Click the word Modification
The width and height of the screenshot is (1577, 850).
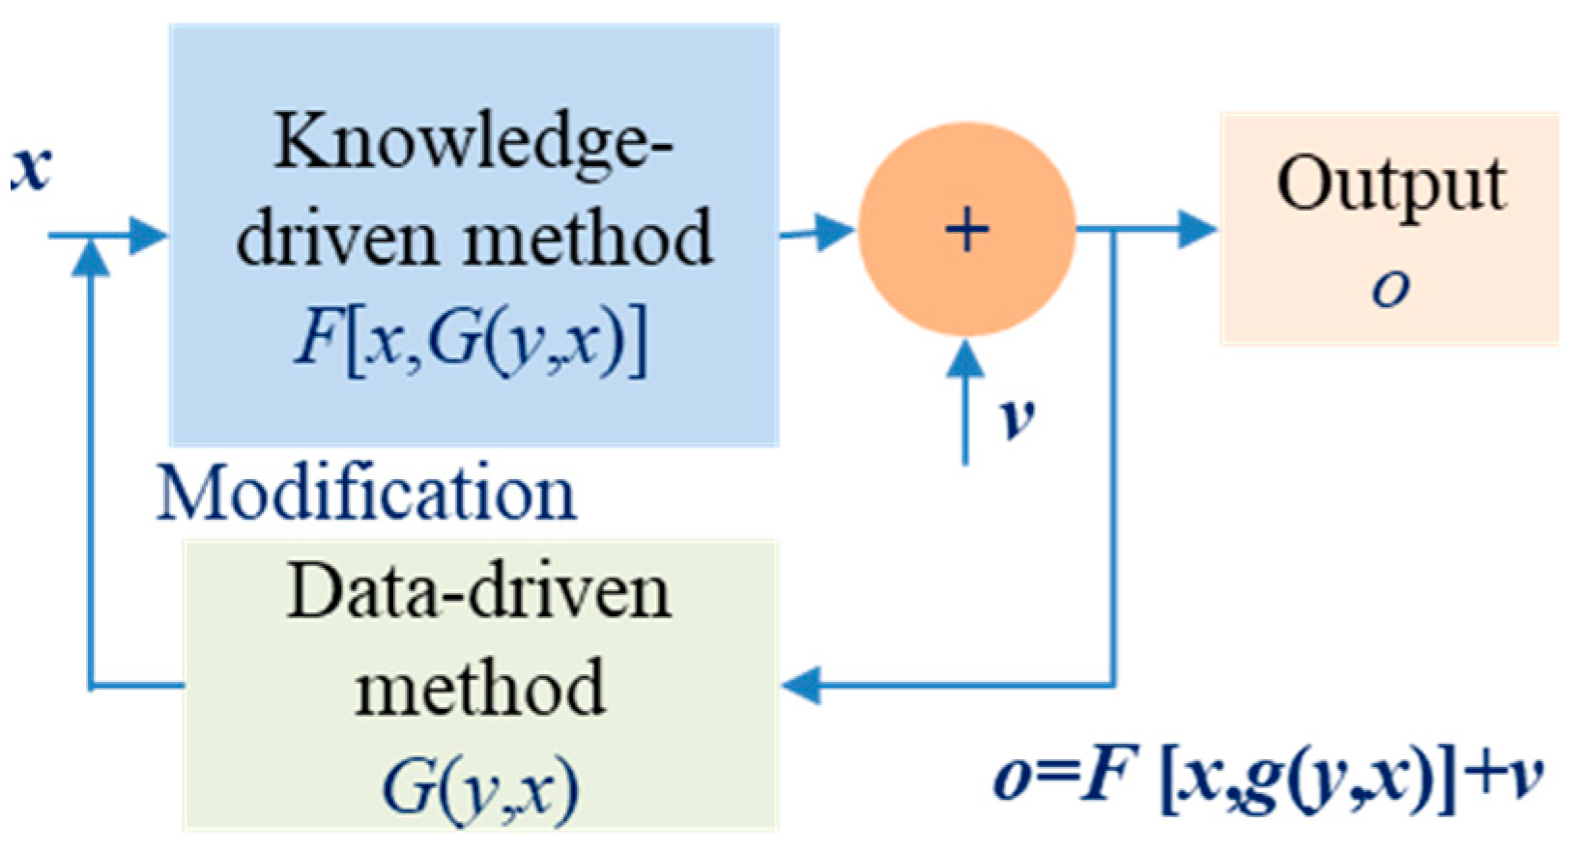tap(366, 494)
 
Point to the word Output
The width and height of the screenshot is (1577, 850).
tap(1391, 183)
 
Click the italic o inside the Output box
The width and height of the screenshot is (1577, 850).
tap(1391, 287)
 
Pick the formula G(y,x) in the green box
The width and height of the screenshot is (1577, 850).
tap(480, 787)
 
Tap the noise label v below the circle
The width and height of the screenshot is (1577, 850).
tap(1017, 417)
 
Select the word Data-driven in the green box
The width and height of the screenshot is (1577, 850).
tap(479, 592)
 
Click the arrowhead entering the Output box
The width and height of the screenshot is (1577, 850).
tap(1198, 230)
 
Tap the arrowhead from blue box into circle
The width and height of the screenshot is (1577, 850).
tap(836, 231)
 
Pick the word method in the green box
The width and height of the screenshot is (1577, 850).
tap(480, 688)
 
